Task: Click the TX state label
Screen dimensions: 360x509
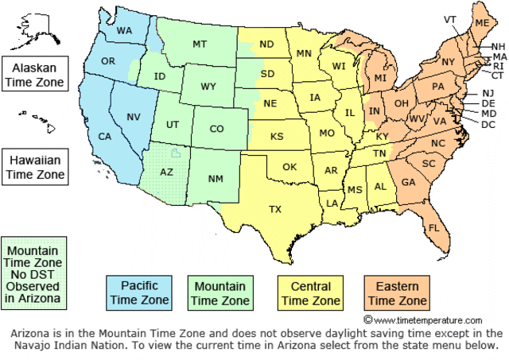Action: point(275,210)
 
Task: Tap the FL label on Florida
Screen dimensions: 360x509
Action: point(434,227)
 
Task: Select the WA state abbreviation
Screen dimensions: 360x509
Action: point(124,31)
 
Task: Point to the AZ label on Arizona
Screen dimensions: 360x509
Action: point(166,171)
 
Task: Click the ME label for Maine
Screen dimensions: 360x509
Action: point(482,24)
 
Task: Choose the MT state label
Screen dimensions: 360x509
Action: point(200,45)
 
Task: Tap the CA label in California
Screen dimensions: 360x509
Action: point(104,136)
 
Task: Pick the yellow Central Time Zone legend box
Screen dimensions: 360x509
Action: point(309,292)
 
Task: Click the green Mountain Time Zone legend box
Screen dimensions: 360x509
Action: point(220,292)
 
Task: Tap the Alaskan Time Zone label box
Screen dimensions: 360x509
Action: point(33,72)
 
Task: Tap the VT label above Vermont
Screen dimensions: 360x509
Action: point(450,19)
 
